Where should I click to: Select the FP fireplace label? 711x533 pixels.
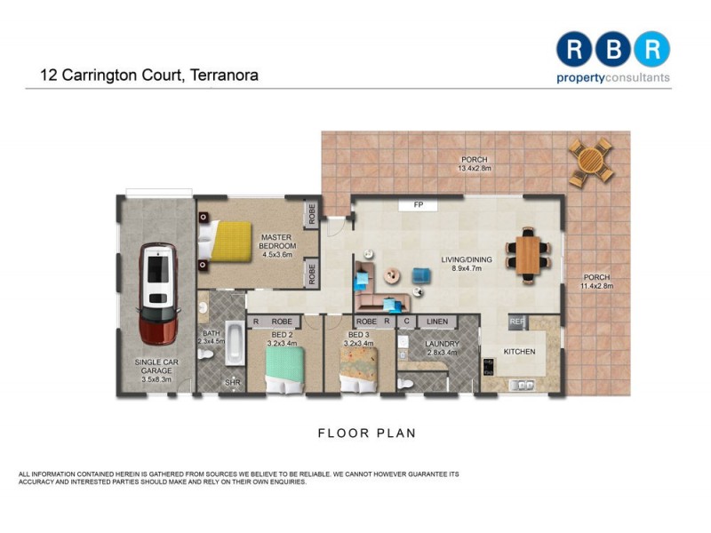(418, 205)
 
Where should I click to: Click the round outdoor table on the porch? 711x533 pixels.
(591, 161)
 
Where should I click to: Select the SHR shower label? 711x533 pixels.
(233, 383)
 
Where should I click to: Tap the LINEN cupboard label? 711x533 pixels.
(436, 322)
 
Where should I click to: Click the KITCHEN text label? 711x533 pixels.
(520, 353)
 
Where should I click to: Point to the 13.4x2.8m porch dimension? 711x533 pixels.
(474, 169)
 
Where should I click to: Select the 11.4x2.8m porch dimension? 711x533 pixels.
(596, 286)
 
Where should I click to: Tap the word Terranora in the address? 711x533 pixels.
(223, 76)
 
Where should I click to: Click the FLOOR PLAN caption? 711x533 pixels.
(367, 434)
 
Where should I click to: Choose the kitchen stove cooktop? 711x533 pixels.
(488, 367)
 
